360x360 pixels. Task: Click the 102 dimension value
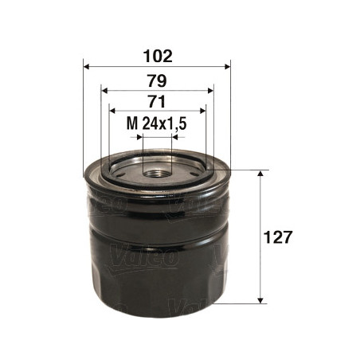point(158,56)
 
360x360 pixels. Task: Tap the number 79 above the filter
point(157,81)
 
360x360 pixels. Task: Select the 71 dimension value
point(157,101)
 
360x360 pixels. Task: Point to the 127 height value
point(277,237)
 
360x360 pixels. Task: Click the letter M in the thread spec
point(132,123)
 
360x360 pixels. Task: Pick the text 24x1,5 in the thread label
point(164,123)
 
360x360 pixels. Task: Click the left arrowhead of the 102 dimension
point(87,66)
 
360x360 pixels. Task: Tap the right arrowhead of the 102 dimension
point(228,66)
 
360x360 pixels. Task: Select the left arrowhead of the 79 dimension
point(104,91)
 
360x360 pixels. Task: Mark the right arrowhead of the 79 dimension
point(210,91)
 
